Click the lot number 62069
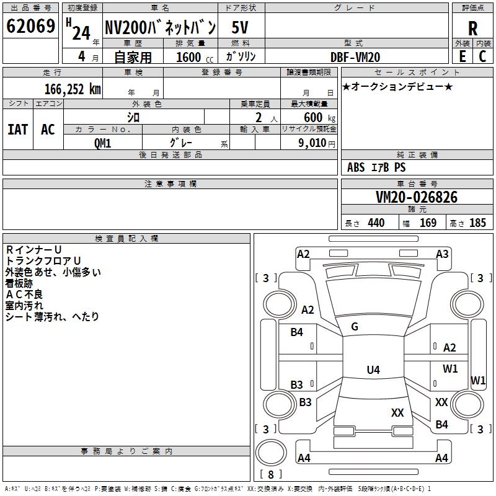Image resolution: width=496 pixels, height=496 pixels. (30, 28)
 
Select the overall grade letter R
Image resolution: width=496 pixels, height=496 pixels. (472, 29)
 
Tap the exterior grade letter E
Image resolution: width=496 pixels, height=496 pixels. (462, 56)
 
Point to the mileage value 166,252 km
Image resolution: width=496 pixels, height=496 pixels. (72, 89)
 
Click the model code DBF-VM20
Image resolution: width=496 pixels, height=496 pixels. (356, 57)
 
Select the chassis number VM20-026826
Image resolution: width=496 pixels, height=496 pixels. (417, 197)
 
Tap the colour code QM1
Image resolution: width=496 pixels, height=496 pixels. (103, 143)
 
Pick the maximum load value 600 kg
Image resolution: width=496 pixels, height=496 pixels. (320, 118)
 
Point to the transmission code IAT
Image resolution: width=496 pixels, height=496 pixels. (18, 129)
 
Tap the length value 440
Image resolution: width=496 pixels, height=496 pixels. (376, 223)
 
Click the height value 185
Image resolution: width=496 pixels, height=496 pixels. (477, 223)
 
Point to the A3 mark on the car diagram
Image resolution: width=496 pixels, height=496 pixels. (442, 254)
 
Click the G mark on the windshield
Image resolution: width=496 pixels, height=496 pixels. (355, 326)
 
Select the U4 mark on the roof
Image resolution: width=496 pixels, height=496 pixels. (373, 370)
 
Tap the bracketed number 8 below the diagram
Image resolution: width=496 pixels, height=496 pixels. (270, 474)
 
